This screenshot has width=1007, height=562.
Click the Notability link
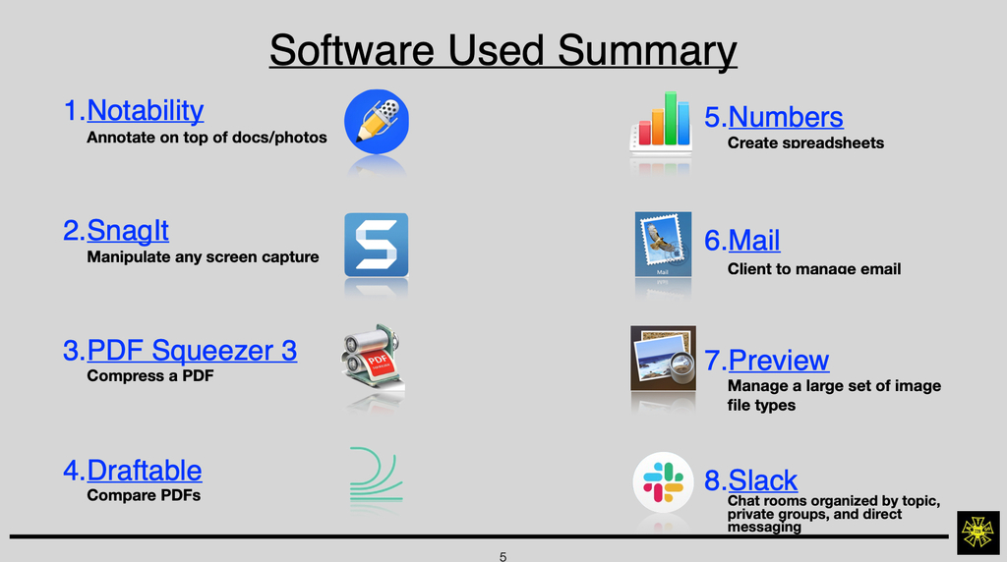tap(146, 110)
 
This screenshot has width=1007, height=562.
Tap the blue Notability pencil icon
tap(377, 121)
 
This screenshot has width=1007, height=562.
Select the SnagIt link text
tap(128, 230)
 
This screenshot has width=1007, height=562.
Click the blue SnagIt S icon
tap(377, 245)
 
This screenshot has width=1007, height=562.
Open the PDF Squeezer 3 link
tap(192, 351)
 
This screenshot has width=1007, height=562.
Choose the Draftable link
tap(145, 471)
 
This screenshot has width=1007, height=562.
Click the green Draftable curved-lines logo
tap(377, 474)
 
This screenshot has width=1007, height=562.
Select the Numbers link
tap(786, 117)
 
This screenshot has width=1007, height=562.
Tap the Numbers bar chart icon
tap(661, 122)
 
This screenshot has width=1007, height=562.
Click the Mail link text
tap(754, 241)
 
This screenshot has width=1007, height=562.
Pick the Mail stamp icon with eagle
tap(664, 245)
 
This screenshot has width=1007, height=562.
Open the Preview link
tap(779, 360)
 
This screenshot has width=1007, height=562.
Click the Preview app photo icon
tap(664, 358)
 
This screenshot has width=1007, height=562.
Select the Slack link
tap(763, 479)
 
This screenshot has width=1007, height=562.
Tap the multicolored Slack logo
tap(664, 482)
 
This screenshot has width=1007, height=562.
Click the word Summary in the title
tap(647, 50)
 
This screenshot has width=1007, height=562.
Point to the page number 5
tap(503, 557)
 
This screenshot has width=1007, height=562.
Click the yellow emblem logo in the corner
tap(978, 533)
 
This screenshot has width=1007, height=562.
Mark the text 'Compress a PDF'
tap(150, 376)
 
